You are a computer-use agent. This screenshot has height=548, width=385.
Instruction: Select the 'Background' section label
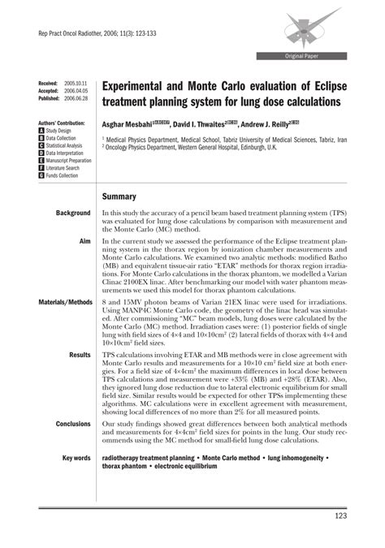[73, 213]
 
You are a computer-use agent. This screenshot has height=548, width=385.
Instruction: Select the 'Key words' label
[76, 458]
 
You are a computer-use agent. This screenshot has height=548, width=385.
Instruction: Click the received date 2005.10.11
[75, 84]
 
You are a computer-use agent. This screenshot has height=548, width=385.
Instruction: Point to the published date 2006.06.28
[75, 98]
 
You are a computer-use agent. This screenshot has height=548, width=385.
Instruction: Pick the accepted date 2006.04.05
[75, 91]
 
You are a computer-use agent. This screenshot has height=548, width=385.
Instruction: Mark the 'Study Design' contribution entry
[60, 130]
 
